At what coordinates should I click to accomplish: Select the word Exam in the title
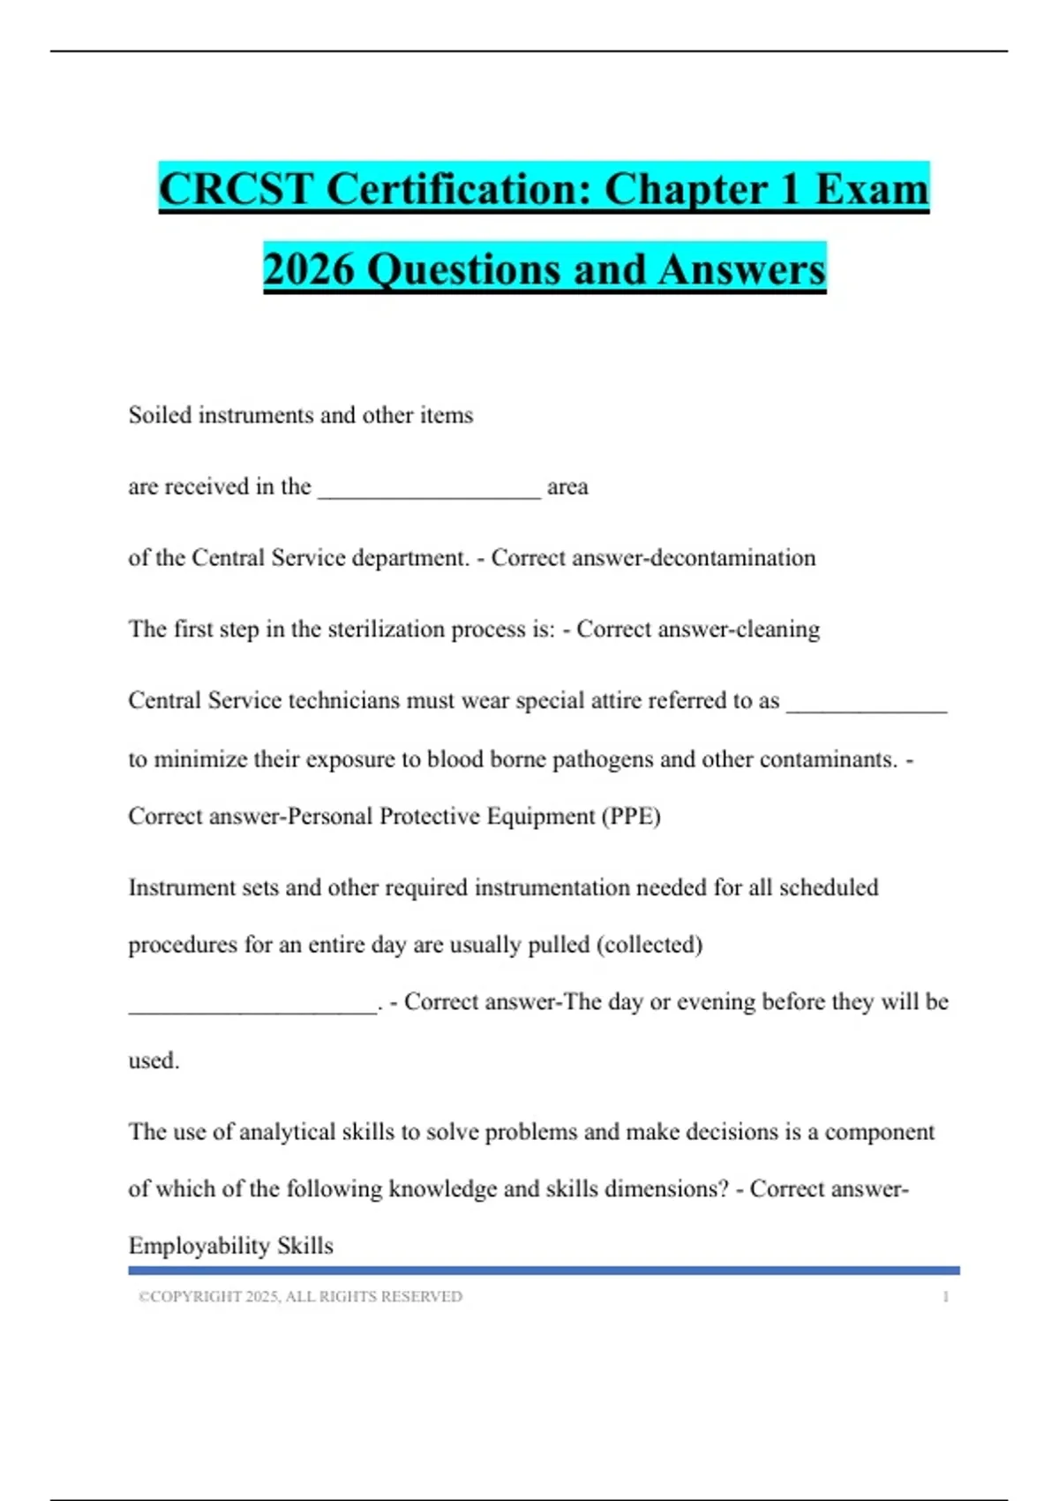pos(871,189)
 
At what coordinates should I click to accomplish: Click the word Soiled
pos(160,415)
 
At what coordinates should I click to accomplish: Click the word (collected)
pos(650,945)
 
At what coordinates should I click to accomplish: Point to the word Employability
pos(199,1246)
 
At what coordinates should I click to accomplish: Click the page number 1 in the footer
pos(945,1297)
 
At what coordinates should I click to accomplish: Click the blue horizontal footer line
pos(544,1271)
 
